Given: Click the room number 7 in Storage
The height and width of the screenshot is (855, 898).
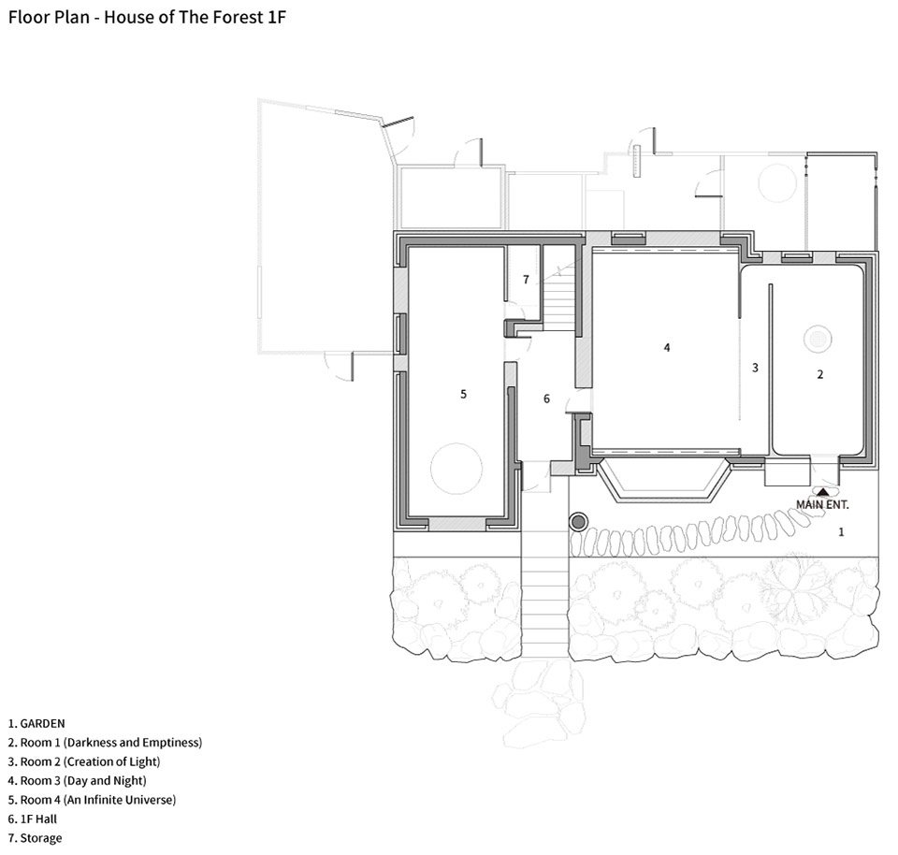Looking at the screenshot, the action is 526,280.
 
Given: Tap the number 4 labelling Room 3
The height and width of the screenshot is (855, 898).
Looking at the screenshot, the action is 667,347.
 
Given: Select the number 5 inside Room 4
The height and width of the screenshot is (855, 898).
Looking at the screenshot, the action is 463,394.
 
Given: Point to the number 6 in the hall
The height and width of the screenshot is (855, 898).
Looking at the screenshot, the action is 546,399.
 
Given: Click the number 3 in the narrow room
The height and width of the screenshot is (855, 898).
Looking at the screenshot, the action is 755,368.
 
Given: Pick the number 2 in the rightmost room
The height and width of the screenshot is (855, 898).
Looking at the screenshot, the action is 820,374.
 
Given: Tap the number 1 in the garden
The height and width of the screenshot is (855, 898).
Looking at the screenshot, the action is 841,532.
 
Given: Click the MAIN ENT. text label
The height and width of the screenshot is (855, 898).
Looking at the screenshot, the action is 822,504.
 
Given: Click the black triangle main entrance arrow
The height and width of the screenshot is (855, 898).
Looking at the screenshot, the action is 822,491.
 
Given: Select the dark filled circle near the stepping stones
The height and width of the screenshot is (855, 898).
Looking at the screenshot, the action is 578,522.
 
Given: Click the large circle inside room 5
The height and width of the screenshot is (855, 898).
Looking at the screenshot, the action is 456,469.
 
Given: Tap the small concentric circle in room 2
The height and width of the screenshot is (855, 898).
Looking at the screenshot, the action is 818,339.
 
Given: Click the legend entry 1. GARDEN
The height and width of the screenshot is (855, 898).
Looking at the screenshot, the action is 36,723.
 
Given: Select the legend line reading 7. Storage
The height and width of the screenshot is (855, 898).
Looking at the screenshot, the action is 35,838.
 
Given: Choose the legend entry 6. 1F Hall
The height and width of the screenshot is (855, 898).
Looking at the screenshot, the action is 33,819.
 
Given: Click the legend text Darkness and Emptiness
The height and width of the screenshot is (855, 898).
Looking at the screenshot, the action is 132,743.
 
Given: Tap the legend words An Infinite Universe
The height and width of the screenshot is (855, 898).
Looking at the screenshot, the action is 121,800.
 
